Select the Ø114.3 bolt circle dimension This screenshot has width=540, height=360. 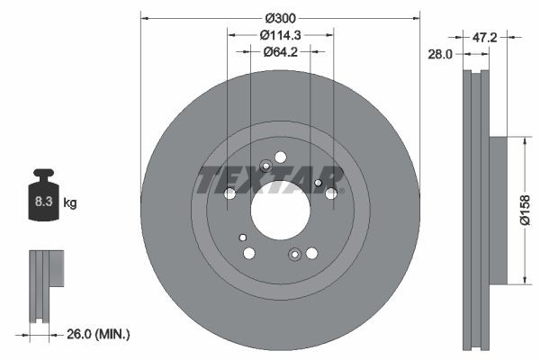point(280,35)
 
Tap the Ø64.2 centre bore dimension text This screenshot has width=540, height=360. point(280,51)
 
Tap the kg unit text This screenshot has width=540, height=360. point(70,203)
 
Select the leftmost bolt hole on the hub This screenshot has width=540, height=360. point(229,193)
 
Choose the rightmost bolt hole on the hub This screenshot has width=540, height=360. point(331,193)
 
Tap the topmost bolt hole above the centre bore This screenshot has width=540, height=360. point(281,156)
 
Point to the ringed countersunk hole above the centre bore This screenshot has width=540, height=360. point(265,166)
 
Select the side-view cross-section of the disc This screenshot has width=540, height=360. point(478,211)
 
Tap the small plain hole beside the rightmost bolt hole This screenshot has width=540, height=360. point(319,184)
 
